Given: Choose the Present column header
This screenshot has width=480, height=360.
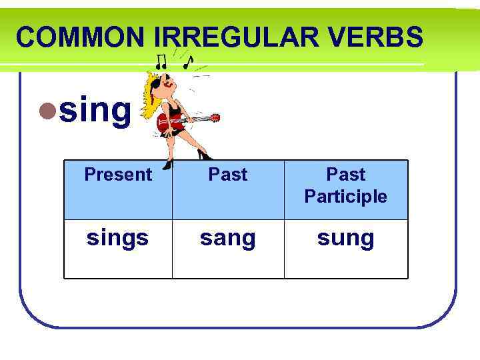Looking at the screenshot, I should pos(118,175).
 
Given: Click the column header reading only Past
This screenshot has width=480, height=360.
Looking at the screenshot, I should pos(228,175).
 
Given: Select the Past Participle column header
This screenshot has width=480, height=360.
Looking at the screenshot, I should pos(345,185).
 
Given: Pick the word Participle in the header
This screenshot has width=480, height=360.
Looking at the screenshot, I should pos(345,197).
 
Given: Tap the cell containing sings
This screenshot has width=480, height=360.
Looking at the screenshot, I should pos(118,238).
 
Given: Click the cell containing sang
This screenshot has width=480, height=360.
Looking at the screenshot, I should pos(228,238).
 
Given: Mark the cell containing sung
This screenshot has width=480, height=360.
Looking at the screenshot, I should pos(345,238).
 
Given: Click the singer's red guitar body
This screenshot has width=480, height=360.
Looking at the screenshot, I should pos(167,123).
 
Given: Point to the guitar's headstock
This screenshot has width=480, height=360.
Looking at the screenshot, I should pos(215,118).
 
